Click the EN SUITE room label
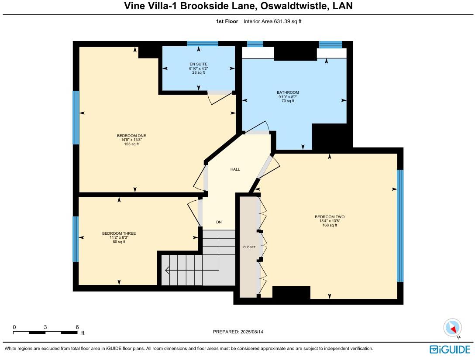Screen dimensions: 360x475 pyautogui.click(x=198, y=64)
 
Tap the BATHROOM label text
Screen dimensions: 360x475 pyautogui.click(x=288, y=93)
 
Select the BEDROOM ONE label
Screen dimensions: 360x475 pyautogui.click(x=131, y=136)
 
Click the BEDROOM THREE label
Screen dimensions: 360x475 pyautogui.click(x=119, y=233)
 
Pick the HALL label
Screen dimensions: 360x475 pyautogui.click(x=235, y=169)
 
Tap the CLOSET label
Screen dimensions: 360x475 pyautogui.click(x=249, y=247)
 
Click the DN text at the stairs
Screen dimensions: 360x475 pyautogui.click(x=219, y=222)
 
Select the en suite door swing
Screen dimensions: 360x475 pyautogui.click(x=217, y=98)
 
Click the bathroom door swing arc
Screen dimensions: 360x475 pyautogui.click(x=260, y=127)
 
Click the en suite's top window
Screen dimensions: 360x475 pyautogui.click(x=203, y=44)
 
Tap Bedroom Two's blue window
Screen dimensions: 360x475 pyautogui.click(x=400, y=226)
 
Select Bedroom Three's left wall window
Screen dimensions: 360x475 pyautogui.click(x=76, y=239)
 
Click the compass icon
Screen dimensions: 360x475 pyautogui.click(x=452, y=328)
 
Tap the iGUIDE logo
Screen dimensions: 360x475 pyautogui.click(x=450, y=350)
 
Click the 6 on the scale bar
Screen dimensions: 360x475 pyautogui.click(x=77, y=327)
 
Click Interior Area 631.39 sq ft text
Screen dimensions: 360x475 pyautogui.click(x=272, y=21)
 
